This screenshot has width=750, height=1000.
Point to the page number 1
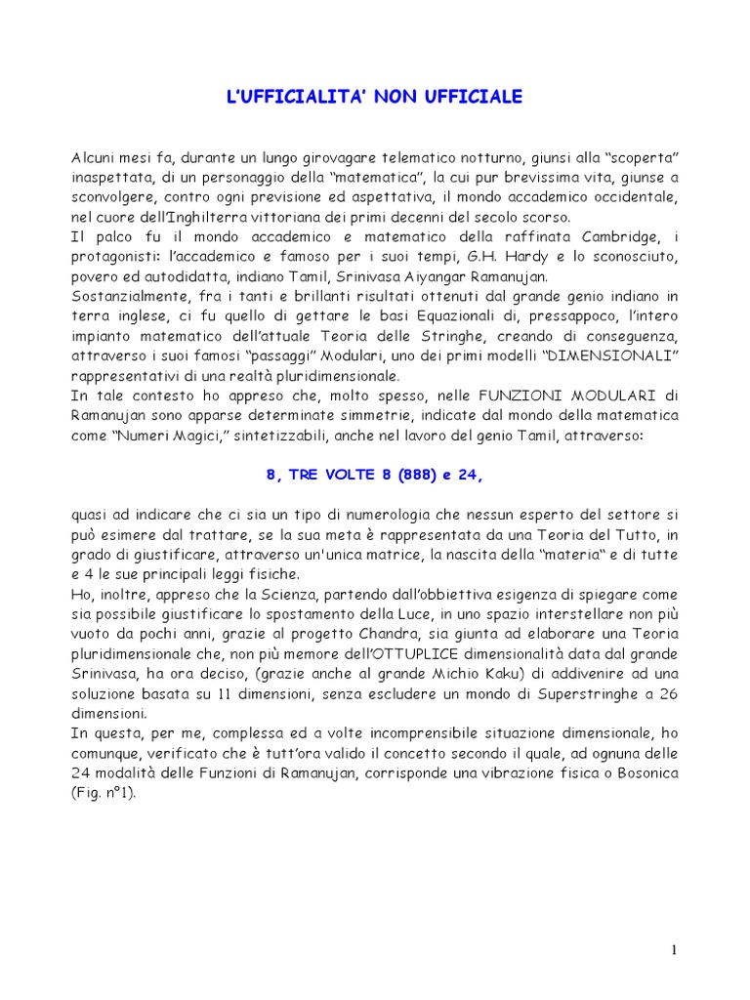(x=674, y=950)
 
